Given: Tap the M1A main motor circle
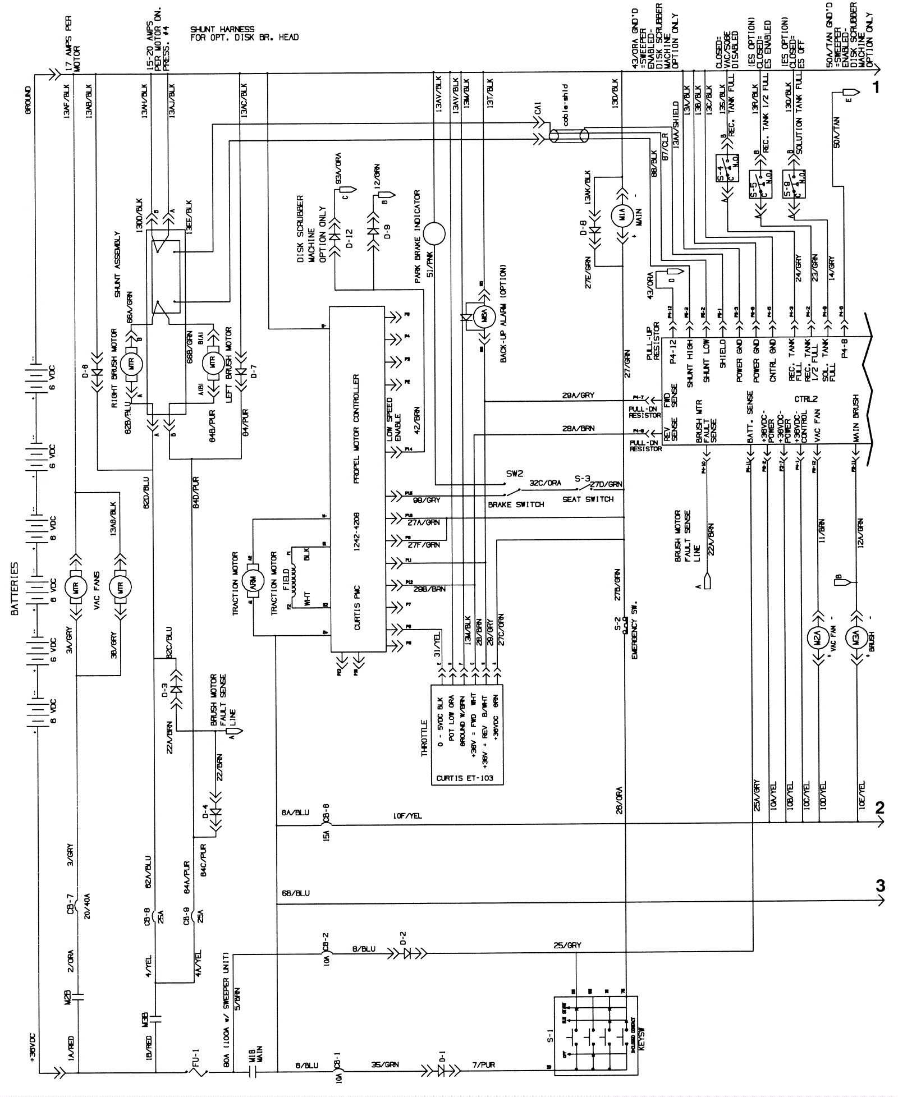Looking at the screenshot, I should coord(622,215).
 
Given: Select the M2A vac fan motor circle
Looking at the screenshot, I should coord(818,639).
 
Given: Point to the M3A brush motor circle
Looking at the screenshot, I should coord(857,639).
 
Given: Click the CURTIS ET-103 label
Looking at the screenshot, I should coord(465,778).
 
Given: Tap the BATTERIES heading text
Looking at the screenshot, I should coord(15,589).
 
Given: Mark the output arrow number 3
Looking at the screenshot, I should coord(880,885).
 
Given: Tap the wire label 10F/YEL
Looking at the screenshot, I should coord(407,816).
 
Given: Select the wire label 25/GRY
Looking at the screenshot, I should coord(567,945).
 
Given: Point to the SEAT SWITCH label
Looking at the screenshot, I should coord(588,499).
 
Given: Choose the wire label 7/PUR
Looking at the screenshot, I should coord(487,1064).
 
